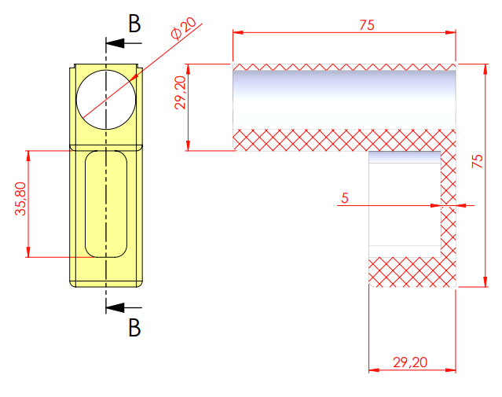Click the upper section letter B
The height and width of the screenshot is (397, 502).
click(x=134, y=24)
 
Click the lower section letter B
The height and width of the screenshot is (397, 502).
click(x=134, y=327)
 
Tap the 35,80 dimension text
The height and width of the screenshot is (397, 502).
click(x=20, y=199)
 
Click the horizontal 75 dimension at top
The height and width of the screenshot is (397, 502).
click(x=367, y=25)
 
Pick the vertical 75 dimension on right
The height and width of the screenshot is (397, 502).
click(x=477, y=161)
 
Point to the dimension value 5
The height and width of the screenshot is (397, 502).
click(x=345, y=198)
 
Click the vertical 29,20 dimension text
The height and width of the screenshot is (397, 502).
click(x=180, y=93)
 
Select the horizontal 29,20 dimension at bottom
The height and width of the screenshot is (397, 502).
click(x=410, y=362)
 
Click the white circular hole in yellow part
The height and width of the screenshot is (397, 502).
click(x=106, y=100)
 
